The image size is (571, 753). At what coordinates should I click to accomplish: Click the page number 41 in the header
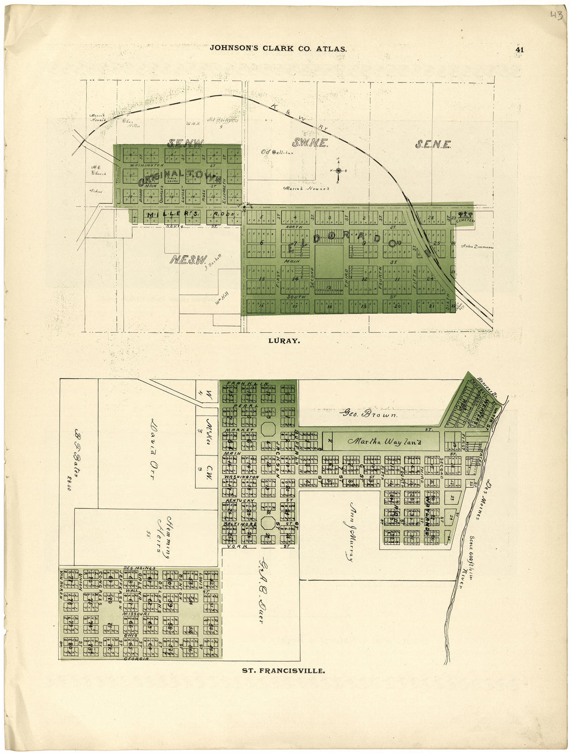coord(520,49)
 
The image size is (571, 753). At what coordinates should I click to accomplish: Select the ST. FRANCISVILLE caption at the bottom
coord(283,670)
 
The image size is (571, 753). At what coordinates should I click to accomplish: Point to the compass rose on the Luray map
coord(338,170)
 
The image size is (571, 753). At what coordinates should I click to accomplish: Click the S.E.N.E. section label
coord(432,144)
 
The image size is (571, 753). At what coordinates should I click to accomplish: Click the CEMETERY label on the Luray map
coord(465,220)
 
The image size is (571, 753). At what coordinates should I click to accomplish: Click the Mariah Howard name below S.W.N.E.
coord(306,189)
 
